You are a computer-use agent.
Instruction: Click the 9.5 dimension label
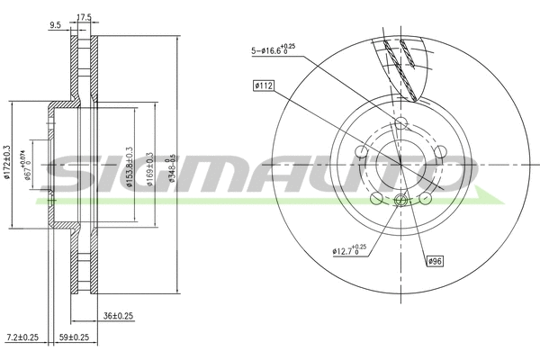56,26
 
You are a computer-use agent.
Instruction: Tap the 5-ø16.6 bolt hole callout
274,50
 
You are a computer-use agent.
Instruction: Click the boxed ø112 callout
264,85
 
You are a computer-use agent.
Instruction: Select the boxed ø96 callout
435,262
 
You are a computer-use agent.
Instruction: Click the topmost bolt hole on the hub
400,124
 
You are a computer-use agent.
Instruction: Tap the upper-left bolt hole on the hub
362,150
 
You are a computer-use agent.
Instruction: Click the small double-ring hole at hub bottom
400,202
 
